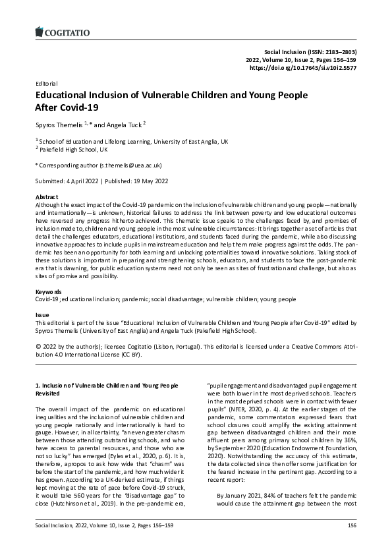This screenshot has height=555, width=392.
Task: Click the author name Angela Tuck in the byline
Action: click(x=123, y=123)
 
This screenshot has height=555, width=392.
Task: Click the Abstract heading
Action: click(x=46, y=197)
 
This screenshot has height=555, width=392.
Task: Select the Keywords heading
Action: click(x=49, y=291)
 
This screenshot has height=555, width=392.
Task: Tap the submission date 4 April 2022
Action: click(x=82, y=181)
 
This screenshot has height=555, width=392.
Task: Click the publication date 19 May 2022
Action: click(x=152, y=181)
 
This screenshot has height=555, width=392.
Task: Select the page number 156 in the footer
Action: click(x=352, y=544)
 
